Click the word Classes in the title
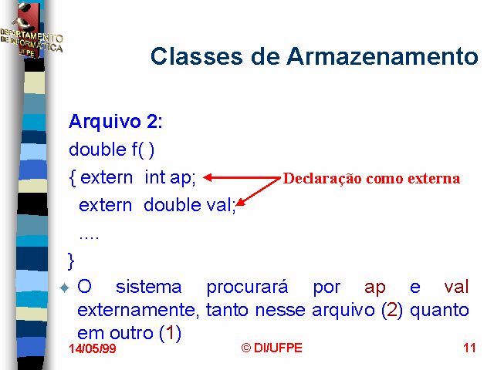[x=197, y=56]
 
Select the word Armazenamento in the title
[x=383, y=56]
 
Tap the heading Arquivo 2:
[x=116, y=121]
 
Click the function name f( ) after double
[x=143, y=150]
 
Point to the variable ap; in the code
[x=183, y=178]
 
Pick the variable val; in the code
[x=221, y=205]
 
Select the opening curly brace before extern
[x=73, y=178]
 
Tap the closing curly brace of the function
[x=71, y=261]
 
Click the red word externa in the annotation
[x=434, y=179]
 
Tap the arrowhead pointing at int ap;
[x=208, y=177]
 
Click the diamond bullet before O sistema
[x=65, y=288]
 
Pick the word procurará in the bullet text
[x=247, y=288]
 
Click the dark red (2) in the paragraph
[x=392, y=310]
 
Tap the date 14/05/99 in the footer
[x=93, y=348]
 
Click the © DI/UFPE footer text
[x=272, y=348]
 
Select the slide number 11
[x=469, y=348]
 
